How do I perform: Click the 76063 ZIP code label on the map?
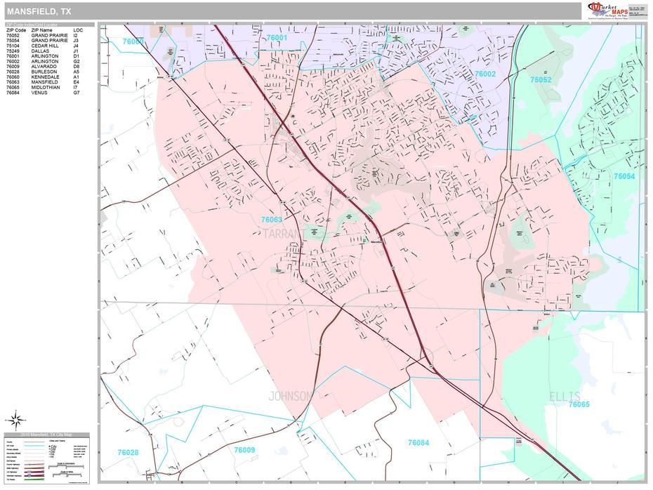(x=271, y=220)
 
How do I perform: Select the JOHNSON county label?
(x=289, y=396)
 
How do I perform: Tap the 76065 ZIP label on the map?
(x=579, y=404)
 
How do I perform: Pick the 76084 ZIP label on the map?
(x=418, y=442)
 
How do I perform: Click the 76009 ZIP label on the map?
(x=244, y=450)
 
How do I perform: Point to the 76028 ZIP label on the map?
(x=128, y=453)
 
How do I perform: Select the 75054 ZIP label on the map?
(x=624, y=176)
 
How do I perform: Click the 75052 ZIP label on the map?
(x=541, y=80)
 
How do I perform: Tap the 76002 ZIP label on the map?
(x=484, y=74)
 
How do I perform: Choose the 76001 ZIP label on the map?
(x=277, y=37)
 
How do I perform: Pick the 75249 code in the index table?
(x=15, y=51)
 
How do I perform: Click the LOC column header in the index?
(x=77, y=30)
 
